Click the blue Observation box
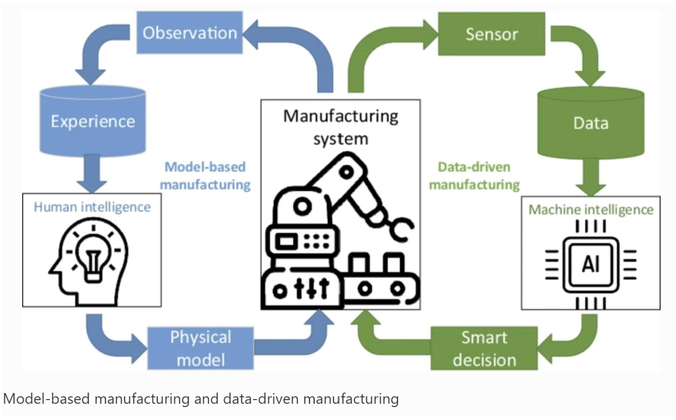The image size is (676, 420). click(190, 33)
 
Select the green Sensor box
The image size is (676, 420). click(491, 34)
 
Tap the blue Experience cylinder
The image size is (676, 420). click(93, 121)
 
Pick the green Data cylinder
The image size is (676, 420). click(591, 123)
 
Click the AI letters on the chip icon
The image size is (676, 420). click(591, 264)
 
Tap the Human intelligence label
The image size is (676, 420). click(92, 207)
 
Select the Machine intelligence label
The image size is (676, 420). click(591, 210)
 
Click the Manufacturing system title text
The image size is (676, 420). click(341, 127)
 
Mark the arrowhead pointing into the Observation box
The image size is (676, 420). click(252, 35)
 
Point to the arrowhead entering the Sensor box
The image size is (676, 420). click(430, 35)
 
